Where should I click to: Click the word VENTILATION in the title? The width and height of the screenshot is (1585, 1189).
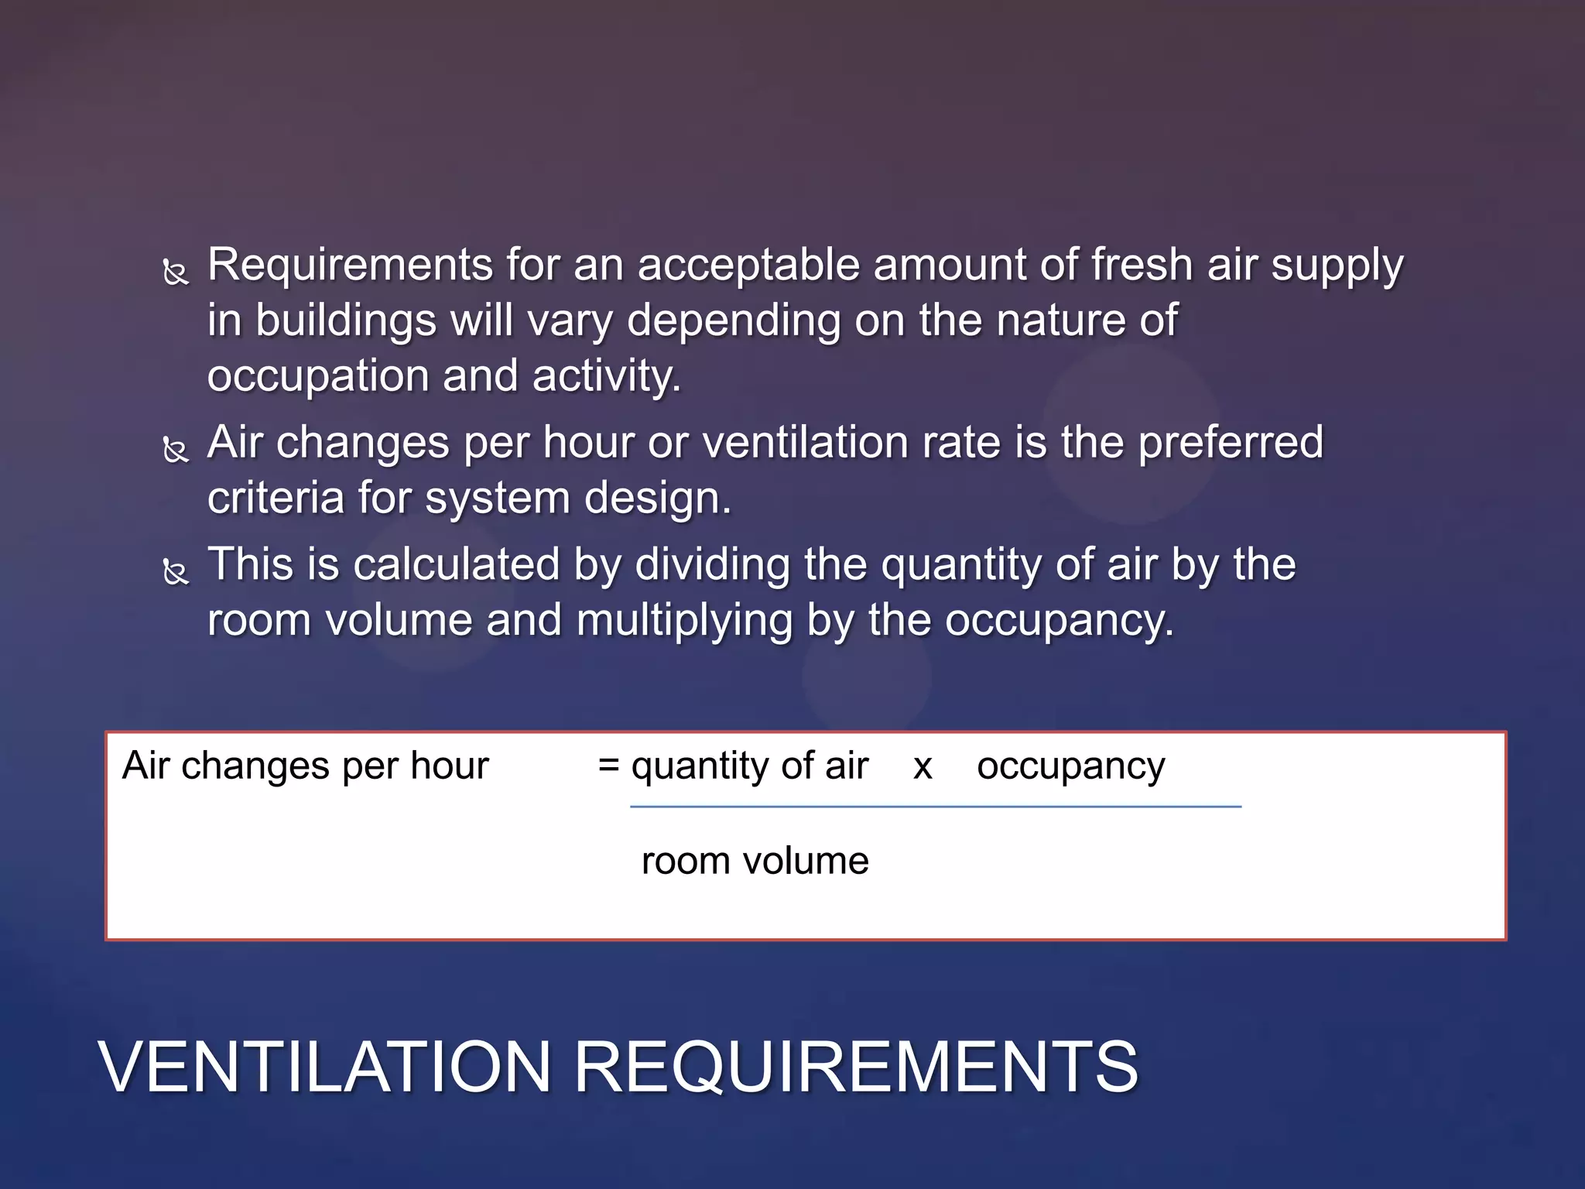[x=324, y=1067]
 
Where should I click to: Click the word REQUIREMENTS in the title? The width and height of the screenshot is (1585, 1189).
[x=855, y=1067]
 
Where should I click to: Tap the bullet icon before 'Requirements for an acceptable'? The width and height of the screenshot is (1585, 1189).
[x=176, y=272]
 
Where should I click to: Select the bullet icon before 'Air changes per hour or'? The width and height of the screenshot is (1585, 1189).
[x=176, y=450]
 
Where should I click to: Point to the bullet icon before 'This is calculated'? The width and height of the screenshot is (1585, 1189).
[x=176, y=572]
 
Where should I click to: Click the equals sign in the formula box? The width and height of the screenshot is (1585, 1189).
[x=609, y=766]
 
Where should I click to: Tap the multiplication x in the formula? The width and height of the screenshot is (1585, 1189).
[x=923, y=767]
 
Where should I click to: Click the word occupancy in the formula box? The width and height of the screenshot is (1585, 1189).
[x=1070, y=767]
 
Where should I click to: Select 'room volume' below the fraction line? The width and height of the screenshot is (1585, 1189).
[x=755, y=861]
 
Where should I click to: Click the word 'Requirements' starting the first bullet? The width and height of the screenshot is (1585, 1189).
[x=350, y=266]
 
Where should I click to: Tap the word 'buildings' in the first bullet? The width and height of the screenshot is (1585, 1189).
[x=346, y=321]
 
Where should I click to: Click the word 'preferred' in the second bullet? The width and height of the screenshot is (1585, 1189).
[x=1231, y=443]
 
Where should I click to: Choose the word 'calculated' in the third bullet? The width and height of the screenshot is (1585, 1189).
[x=456, y=564]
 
